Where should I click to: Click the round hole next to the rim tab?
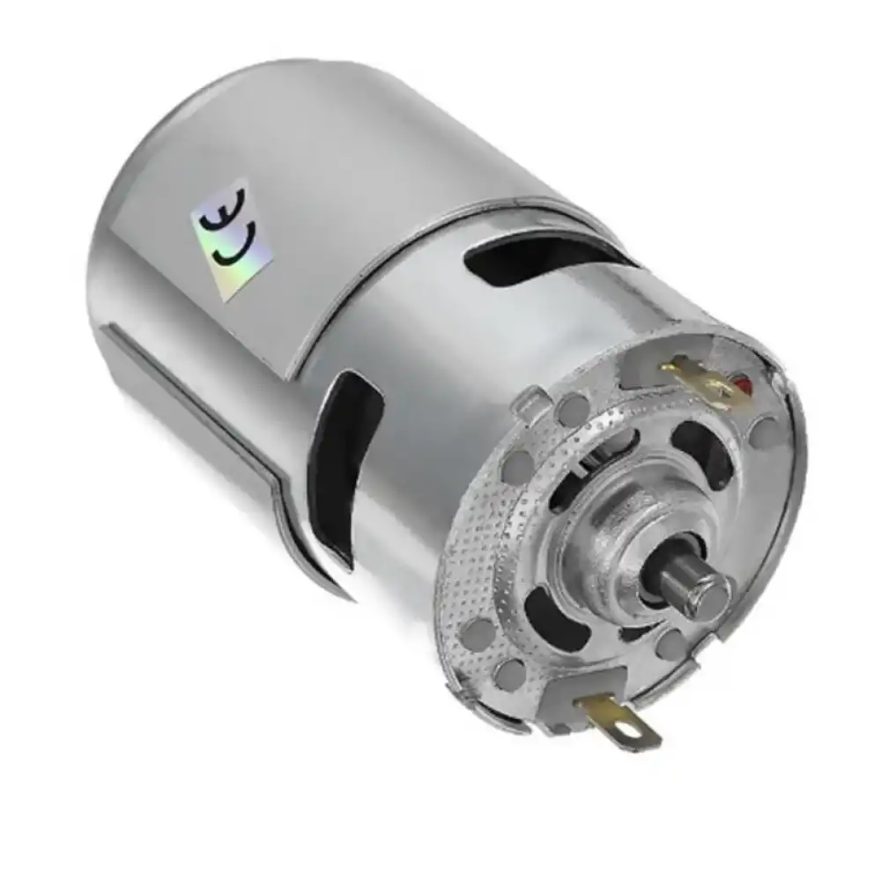[x=573, y=407]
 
